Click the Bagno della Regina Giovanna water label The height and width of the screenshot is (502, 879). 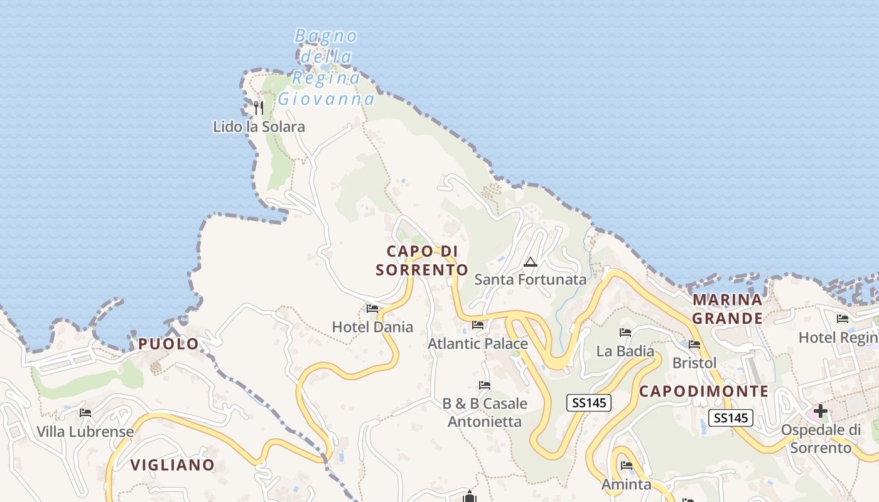[x=326, y=67]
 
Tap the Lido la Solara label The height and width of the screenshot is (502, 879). [x=259, y=127]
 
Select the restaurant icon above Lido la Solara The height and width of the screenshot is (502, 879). [x=259, y=107]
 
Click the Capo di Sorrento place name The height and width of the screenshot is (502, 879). [x=421, y=260]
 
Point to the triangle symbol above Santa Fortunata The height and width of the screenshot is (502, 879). [x=531, y=262]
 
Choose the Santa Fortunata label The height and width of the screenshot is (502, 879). [x=530, y=279]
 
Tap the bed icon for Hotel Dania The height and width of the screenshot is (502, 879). [x=372, y=309]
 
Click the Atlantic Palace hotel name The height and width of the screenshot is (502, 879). [x=478, y=344]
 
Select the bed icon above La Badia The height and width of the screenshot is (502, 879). [x=625, y=333]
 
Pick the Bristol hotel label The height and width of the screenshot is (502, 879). [x=694, y=363]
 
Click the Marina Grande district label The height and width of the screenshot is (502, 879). [x=727, y=309]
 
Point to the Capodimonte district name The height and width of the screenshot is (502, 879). [x=704, y=392]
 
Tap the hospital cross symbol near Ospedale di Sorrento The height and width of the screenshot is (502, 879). [x=821, y=412]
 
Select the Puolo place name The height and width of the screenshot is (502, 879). [x=168, y=344]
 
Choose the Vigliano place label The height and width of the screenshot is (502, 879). [x=172, y=465]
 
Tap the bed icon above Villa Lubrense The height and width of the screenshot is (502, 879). [x=85, y=413]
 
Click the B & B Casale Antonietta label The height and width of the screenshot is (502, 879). [x=485, y=412]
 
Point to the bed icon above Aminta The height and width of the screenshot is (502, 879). [x=627, y=466]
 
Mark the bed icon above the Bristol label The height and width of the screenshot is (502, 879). [x=694, y=344]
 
